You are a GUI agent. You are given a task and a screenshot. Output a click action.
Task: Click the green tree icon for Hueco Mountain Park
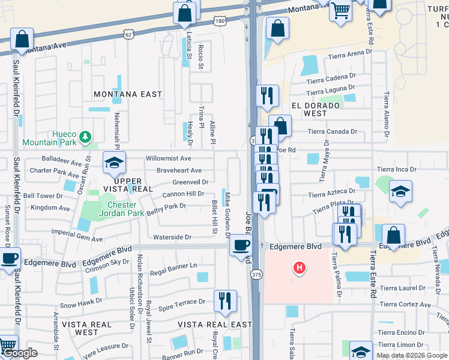pyautogui.click(x=86, y=137)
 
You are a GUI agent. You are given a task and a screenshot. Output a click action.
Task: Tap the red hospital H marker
pyautogui.click(x=298, y=268)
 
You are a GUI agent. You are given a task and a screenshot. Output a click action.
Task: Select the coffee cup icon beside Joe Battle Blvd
pyautogui.click(x=241, y=245)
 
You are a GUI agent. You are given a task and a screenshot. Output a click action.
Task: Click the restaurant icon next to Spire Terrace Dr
pyautogui.click(x=225, y=301)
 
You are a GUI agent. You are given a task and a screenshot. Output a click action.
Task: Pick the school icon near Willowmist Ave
pyautogui.click(x=113, y=162)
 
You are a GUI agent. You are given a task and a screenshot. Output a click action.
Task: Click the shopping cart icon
pyautogui.click(x=340, y=10)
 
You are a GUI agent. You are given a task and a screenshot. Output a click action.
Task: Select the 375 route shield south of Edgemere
pyautogui.click(x=256, y=275)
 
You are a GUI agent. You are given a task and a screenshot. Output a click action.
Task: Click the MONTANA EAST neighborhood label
pyautogui.click(x=128, y=94)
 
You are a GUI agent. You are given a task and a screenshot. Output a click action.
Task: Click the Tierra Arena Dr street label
pyautogui.click(x=348, y=57)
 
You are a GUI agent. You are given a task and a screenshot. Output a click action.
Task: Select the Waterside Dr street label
pyautogui.click(x=172, y=238)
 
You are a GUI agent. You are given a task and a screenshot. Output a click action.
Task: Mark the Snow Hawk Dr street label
pyautogui.click(x=76, y=305)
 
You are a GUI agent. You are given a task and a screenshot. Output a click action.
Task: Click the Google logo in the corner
pyautogui.click(x=20, y=353)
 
